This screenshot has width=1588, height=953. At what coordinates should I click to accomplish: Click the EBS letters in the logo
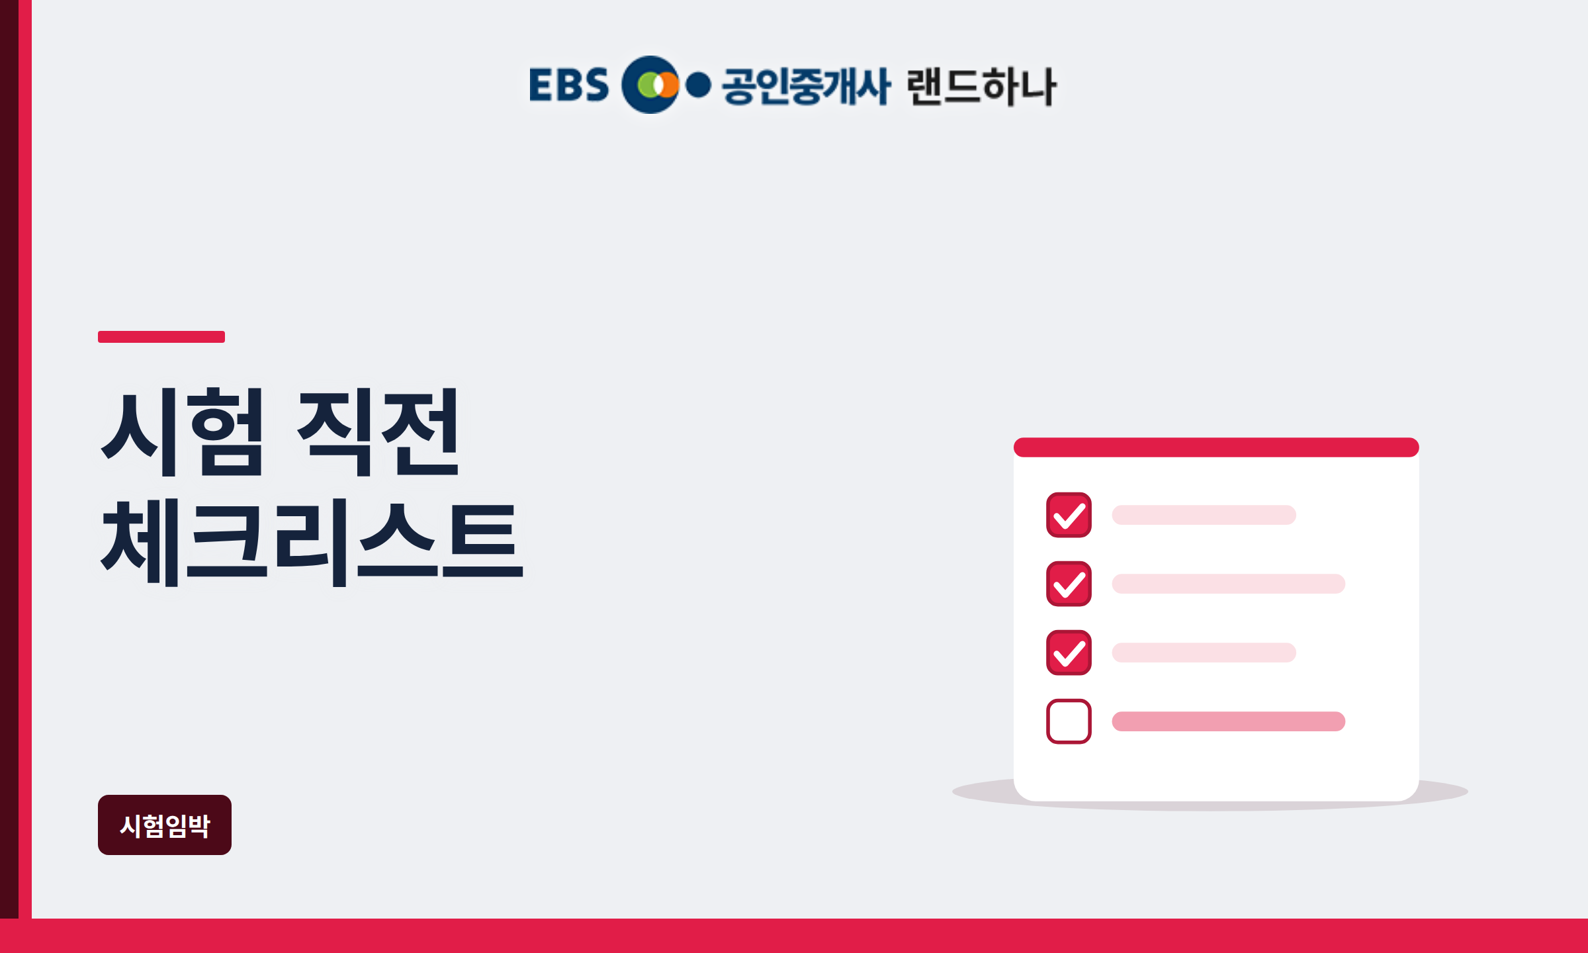(568, 85)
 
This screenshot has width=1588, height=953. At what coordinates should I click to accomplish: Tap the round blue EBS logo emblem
(650, 85)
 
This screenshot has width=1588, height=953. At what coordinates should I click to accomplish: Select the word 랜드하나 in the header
(981, 86)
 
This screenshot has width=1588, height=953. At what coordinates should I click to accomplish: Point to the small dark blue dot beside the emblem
(698, 85)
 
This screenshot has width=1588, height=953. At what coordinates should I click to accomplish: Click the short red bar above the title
(161, 337)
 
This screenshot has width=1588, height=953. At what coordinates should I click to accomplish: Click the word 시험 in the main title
(183, 432)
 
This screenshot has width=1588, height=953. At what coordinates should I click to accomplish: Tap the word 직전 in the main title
(378, 432)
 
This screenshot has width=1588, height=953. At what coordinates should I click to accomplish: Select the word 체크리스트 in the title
(311, 543)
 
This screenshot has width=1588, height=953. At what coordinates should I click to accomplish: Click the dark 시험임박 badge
(165, 825)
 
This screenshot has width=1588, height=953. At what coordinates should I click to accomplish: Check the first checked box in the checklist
(1069, 515)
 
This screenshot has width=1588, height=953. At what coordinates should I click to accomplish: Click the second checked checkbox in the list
(1069, 584)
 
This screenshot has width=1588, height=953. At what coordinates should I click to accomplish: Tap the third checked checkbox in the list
(1069, 653)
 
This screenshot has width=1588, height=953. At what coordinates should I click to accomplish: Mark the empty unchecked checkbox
(1069, 721)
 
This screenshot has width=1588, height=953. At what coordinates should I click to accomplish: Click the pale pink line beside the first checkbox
(1204, 515)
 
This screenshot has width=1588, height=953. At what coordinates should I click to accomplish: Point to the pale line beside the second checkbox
(1228, 584)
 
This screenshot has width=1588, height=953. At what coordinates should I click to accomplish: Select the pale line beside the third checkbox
(1204, 653)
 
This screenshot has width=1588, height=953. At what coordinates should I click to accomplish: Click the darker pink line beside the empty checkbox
(1228, 721)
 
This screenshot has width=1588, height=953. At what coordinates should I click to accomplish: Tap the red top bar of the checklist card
(1216, 447)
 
